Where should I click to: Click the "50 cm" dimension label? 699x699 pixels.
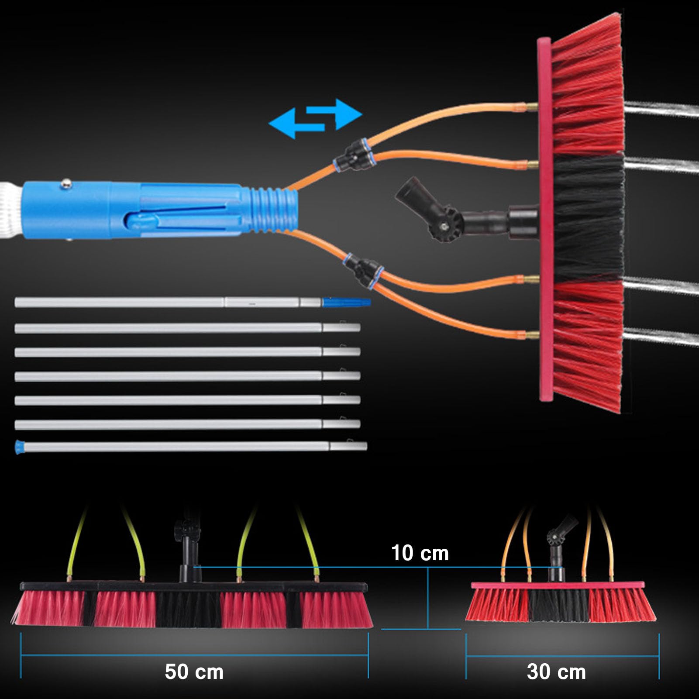pyautogui.click(x=194, y=671)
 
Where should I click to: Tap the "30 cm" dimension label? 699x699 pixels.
pyautogui.click(x=556, y=671)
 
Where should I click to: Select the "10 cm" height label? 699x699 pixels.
pyautogui.click(x=420, y=553)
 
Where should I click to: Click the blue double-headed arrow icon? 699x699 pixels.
pyautogui.click(x=315, y=119)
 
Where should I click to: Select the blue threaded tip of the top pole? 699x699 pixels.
pyautogui.click(x=347, y=302)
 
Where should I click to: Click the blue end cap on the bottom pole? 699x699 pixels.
pyautogui.click(x=19, y=447)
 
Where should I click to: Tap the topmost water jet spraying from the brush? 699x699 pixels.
pyautogui.click(x=661, y=109)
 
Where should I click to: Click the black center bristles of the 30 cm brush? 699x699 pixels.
pyautogui.click(x=558, y=605)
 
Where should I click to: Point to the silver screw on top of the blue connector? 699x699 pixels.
pyautogui.click(x=66, y=183)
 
